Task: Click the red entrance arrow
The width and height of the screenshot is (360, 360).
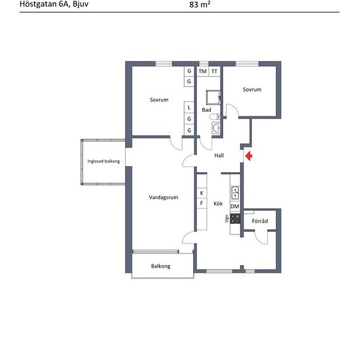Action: (x=249, y=156)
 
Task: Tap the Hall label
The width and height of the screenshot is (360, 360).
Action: (x=219, y=155)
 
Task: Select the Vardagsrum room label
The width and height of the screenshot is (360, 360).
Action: (x=164, y=198)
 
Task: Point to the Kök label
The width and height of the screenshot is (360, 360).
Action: (x=218, y=204)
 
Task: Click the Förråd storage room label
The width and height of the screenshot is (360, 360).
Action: (x=260, y=221)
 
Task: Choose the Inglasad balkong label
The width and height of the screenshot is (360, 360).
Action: (x=103, y=161)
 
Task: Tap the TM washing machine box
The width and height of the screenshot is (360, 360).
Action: (x=202, y=71)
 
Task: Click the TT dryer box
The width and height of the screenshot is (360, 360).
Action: (x=215, y=71)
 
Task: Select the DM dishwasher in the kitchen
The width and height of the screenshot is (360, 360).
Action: (x=235, y=206)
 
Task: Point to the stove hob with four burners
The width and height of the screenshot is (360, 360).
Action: (x=235, y=219)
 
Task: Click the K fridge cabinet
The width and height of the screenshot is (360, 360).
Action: (x=202, y=193)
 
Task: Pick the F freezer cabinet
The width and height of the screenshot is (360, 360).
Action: (x=202, y=203)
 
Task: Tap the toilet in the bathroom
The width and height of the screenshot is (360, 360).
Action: (x=215, y=117)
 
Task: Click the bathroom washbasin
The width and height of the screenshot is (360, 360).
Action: (x=216, y=128)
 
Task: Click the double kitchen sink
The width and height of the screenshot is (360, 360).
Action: (x=235, y=192)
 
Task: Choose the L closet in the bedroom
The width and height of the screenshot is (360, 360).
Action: (x=189, y=107)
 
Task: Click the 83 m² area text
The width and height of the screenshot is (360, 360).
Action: (x=200, y=5)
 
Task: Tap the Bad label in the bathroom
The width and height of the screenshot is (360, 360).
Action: (x=206, y=110)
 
